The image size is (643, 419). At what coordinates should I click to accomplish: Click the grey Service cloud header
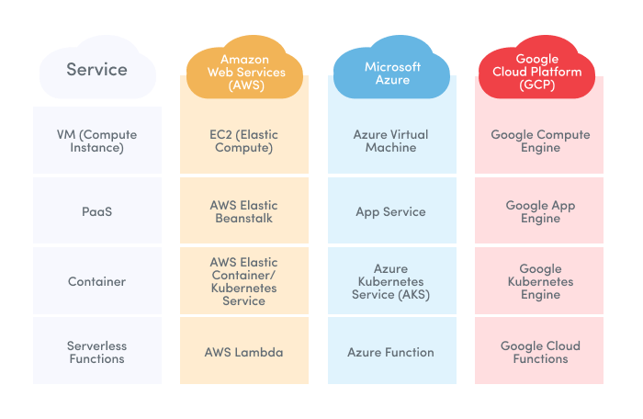96,70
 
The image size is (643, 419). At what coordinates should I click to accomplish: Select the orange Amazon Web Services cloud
244,72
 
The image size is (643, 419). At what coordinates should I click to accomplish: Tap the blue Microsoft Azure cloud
392,73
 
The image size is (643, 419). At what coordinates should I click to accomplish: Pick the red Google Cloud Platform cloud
540,72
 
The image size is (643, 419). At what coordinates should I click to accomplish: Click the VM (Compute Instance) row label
96,141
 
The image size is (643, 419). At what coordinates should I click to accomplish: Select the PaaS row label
96,211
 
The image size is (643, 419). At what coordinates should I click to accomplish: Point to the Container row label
96,281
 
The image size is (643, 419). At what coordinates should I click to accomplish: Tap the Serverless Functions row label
96,352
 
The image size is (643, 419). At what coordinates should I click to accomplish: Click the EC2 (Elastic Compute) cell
244,141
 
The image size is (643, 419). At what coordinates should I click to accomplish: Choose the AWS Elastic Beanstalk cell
244,211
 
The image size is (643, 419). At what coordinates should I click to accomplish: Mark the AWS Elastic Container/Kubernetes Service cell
244,281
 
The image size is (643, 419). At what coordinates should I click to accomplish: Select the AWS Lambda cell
244,352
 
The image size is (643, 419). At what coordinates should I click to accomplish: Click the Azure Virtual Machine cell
392,141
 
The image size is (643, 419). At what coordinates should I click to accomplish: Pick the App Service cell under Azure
392,211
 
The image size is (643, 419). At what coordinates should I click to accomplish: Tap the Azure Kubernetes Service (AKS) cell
392,281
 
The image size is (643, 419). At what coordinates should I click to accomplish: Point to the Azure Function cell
392,352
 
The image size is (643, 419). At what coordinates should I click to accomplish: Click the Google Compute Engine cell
540,141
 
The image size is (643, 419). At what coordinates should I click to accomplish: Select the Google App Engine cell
540,211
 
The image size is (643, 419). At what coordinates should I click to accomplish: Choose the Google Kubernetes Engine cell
540,281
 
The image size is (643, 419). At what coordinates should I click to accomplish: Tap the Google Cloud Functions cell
540,352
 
